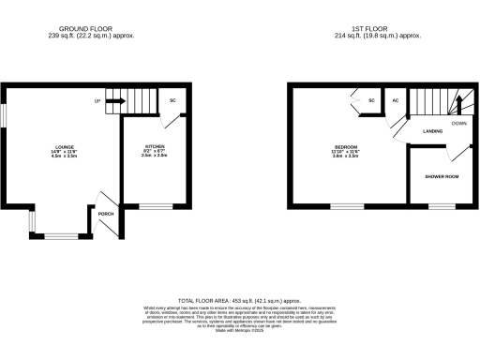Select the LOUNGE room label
64,147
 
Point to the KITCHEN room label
155,147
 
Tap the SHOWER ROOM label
441,176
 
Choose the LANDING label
432,131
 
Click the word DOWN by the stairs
458,123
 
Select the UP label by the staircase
97,100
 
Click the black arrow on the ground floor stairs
117,100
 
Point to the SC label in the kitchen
172,100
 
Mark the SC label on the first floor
372,100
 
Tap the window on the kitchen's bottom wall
157,205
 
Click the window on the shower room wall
441,205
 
